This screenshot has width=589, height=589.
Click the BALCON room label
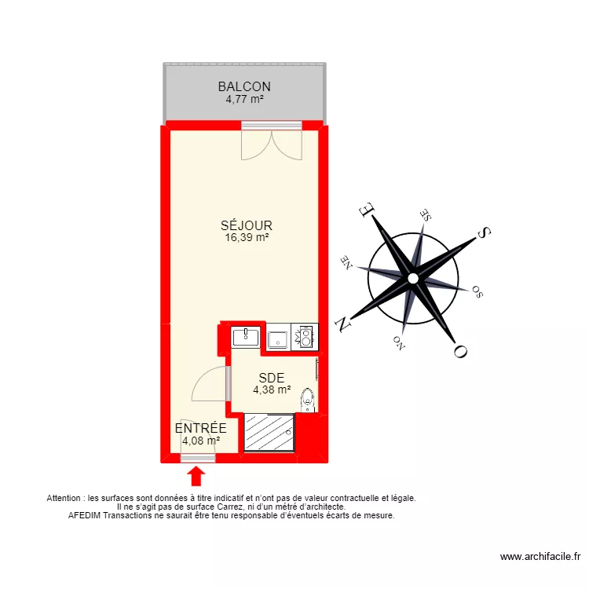click(244, 87)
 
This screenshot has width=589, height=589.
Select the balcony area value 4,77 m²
click(244, 100)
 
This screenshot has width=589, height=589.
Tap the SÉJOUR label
click(246, 225)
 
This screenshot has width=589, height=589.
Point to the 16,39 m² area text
click(246, 237)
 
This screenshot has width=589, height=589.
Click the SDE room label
click(271, 378)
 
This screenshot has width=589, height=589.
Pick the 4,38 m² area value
click(272, 390)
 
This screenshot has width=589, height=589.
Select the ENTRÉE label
click(200, 428)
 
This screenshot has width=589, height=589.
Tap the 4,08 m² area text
click(200, 441)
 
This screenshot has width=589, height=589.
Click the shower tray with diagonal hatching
click(269, 433)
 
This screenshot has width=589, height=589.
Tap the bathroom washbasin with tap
click(246, 337)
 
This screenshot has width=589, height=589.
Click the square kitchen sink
click(278, 339)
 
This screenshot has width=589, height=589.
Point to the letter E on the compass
click(367, 209)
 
